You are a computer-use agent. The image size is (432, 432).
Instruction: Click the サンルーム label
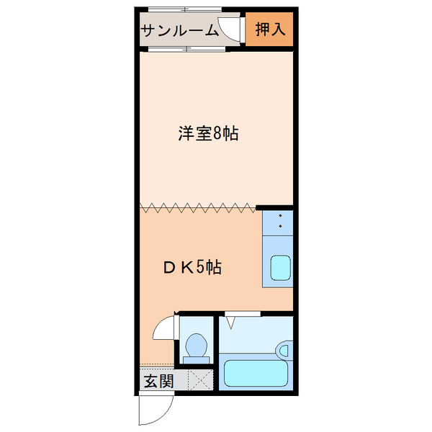tap(179, 30)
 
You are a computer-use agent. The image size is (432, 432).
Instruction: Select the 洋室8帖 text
tap(208, 134)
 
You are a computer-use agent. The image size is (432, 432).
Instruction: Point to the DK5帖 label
tap(191, 268)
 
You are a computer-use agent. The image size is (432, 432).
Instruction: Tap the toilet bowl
tap(195, 349)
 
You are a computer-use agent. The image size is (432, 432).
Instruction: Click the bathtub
tap(256, 374)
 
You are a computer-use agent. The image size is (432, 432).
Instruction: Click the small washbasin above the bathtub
tap(285, 351)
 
